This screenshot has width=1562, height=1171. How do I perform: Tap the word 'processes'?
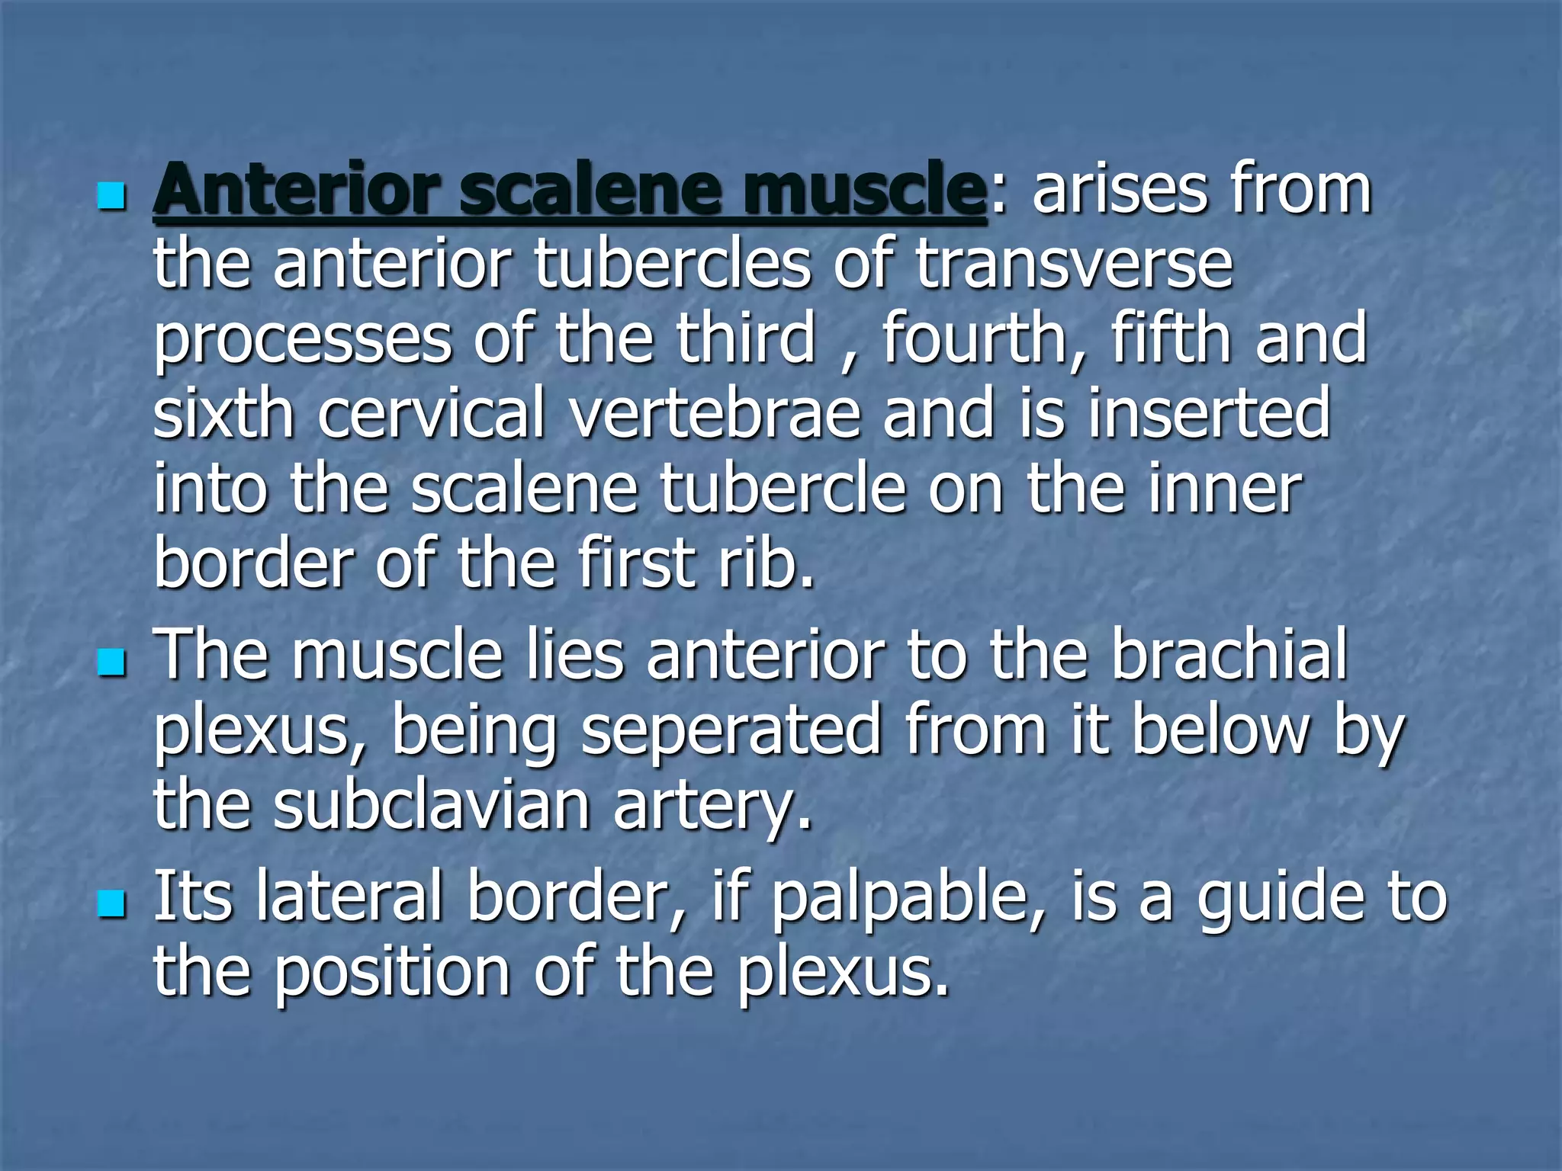click(x=303, y=339)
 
